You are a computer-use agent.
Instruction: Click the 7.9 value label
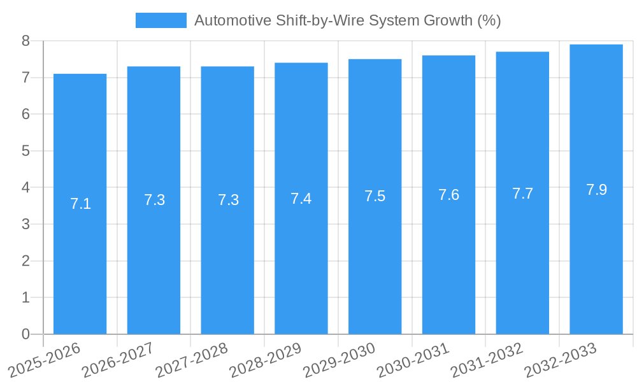596,190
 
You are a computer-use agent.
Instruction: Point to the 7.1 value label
80,204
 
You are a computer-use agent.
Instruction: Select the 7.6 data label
448,195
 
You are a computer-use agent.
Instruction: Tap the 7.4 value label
301,199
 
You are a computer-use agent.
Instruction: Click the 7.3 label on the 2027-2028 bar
228,200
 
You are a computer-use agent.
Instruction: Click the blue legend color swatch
161,20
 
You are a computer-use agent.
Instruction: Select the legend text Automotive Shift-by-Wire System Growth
347,20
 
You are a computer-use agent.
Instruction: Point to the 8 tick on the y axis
25,41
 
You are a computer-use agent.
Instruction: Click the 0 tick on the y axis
25,334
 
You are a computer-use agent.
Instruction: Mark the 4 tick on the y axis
25,188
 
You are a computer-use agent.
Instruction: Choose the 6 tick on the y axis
25,115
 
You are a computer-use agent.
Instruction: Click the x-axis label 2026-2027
115,360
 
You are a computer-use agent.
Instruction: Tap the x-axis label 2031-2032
484,360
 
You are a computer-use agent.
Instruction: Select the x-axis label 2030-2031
410,360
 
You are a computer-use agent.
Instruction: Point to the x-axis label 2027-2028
189,360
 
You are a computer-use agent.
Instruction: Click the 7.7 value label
522,194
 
